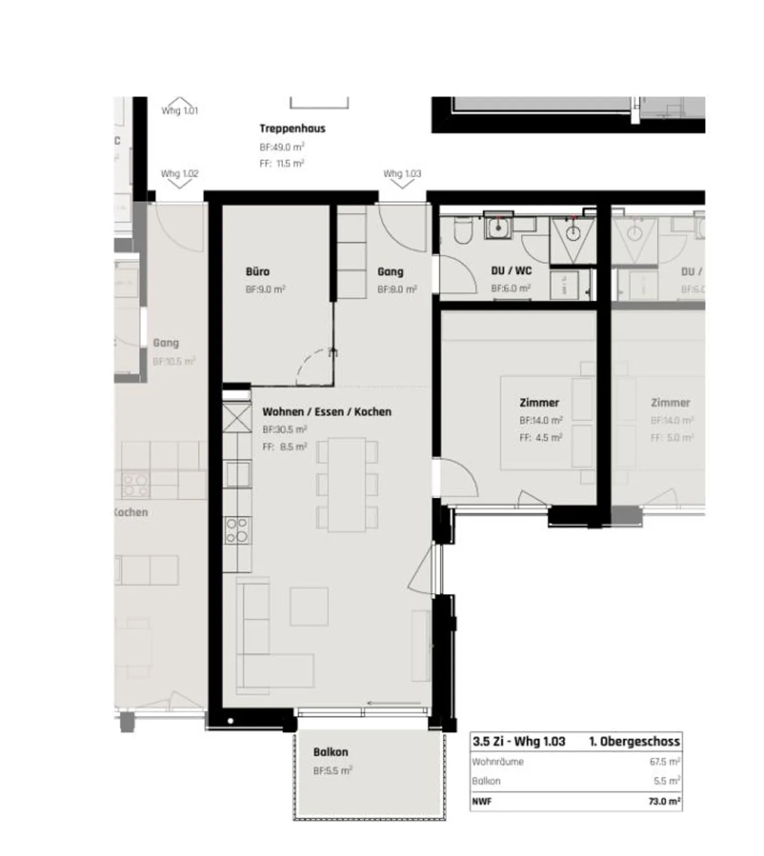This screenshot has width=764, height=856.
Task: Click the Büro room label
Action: [x=257, y=272]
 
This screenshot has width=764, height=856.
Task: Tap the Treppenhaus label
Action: [x=292, y=128]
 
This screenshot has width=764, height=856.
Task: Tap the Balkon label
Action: [x=331, y=752]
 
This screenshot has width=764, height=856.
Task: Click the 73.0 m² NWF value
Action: [x=664, y=801]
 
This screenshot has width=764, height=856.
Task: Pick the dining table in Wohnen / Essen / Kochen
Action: [x=347, y=485]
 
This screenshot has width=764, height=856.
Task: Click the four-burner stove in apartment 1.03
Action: [x=237, y=531]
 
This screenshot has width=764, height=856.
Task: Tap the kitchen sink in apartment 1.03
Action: [x=237, y=473]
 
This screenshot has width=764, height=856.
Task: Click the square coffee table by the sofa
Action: [x=309, y=606]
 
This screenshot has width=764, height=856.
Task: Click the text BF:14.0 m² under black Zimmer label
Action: [x=541, y=420]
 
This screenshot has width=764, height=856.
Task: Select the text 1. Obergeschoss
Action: [x=634, y=741]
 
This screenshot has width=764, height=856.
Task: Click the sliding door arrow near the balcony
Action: [x=394, y=703]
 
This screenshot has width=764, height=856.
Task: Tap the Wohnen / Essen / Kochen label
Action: [x=327, y=412]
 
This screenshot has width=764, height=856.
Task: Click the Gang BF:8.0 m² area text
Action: [x=397, y=290]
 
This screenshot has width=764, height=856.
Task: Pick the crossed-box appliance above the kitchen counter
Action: [x=237, y=418]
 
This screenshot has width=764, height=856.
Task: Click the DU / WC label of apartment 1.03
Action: [x=511, y=271]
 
